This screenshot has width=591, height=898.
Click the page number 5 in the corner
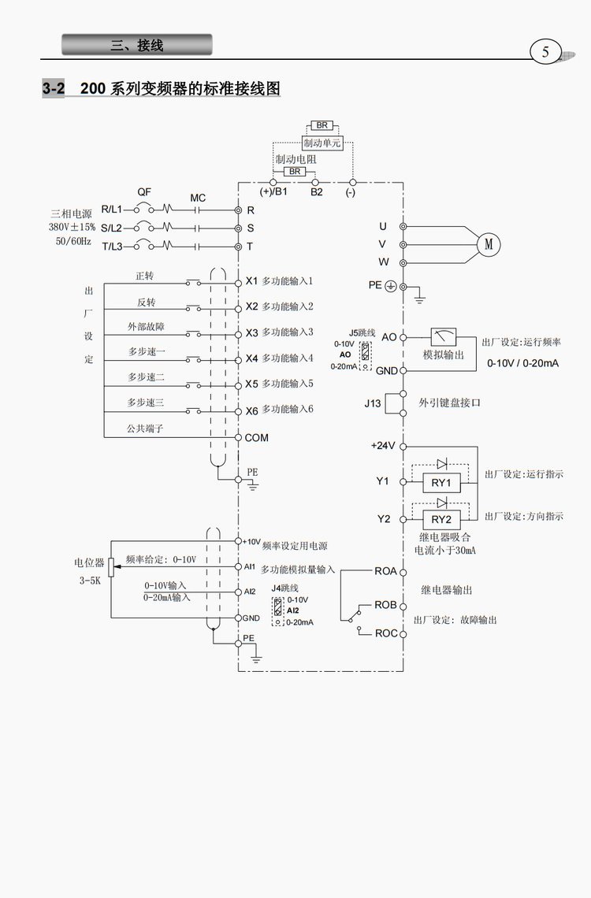point(545,53)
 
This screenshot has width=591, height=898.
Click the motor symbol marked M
point(489,244)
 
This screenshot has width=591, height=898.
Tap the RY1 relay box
point(441,482)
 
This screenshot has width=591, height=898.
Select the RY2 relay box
point(441,519)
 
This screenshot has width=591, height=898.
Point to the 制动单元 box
point(323,143)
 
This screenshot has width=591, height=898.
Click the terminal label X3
point(252,332)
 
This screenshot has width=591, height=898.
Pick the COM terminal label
point(257,437)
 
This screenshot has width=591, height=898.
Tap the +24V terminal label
point(383,445)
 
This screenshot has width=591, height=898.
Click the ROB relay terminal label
point(385,605)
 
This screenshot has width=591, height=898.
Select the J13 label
point(373,403)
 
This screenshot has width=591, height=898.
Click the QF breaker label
point(144,192)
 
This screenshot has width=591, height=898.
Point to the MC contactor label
point(198,197)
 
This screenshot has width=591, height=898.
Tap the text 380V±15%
point(72,227)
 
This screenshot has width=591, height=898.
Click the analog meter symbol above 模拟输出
point(444,337)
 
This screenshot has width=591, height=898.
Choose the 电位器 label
point(89,563)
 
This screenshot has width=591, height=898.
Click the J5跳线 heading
point(362,333)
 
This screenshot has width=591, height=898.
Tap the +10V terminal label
point(251,541)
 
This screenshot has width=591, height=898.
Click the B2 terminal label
point(317,191)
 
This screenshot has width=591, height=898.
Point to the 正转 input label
point(145,276)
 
